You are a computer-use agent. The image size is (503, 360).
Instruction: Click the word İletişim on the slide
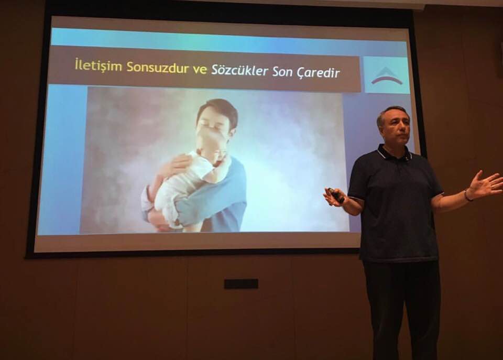(x=99, y=66)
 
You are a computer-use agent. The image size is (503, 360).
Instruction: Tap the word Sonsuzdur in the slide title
(x=158, y=67)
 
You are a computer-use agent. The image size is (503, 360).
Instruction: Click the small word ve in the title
(x=200, y=69)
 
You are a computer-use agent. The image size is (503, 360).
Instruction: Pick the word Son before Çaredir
(x=282, y=72)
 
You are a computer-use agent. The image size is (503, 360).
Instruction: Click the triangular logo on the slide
(x=387, y=76)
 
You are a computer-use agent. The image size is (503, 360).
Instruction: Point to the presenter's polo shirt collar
(x=395, y=154)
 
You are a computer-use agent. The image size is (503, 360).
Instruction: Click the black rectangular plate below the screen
(x=241, y=284)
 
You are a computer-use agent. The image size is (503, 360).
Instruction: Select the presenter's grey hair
(x=392, y=113)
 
